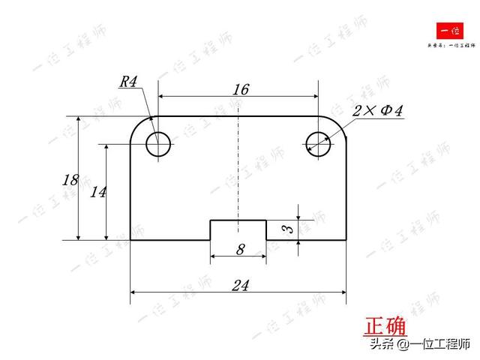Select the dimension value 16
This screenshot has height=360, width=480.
point(240,89)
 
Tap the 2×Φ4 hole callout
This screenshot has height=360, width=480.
point(379,111)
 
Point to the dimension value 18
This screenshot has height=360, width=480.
point(70,180)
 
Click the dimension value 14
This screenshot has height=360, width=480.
point(97,192)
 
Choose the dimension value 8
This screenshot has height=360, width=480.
point(240,250)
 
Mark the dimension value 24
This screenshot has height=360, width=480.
point(240,285)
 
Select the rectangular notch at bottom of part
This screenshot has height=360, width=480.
point(238,229)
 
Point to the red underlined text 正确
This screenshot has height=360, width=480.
point(385,327)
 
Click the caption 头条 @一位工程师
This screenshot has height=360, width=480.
point(418,345)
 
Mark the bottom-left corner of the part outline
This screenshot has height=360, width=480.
point(131,240)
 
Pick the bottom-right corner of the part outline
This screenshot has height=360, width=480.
point(346,240)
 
